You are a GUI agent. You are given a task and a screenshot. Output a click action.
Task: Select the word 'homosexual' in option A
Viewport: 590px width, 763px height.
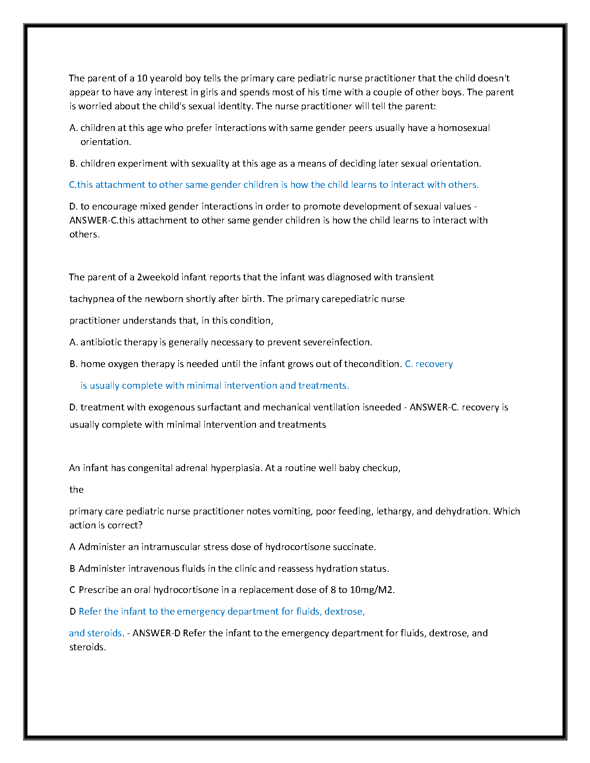point(464,128)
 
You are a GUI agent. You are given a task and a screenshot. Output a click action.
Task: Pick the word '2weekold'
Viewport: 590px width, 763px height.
point(158,277)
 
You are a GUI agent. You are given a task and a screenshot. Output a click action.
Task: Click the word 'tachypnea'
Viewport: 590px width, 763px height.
point(92,299)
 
